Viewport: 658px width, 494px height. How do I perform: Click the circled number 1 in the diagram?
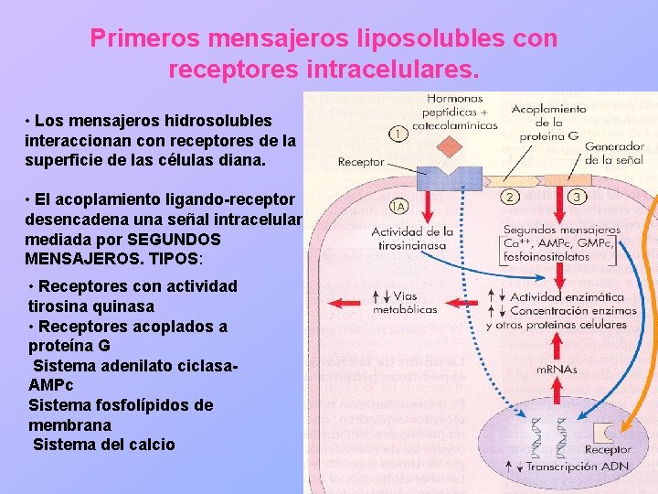tap(398, 134)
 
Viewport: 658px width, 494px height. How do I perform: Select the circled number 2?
tap(510, 195)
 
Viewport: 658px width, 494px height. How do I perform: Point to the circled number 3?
tap(577, 196)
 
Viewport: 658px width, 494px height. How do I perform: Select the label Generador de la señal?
tap(613, 154)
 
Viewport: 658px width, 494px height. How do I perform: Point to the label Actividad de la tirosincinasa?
tap(412, 239)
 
